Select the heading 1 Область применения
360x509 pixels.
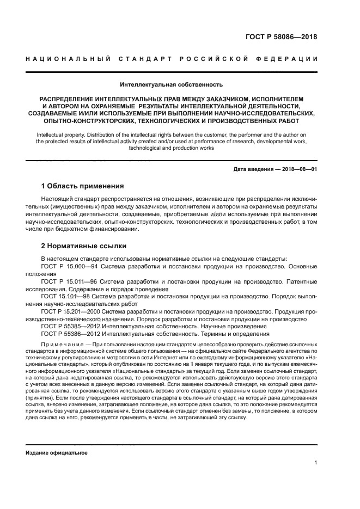click(83, 186)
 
